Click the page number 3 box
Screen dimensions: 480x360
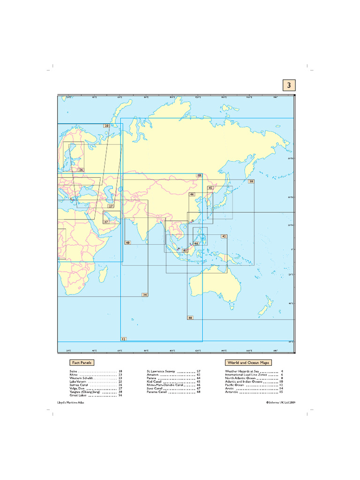pyautogui.click(x=289, y=85)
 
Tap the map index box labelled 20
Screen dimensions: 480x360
pyautogui.click(x=106, y=126)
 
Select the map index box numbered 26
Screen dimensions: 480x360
pyautogui.click(x=81, y=170)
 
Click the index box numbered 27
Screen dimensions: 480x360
pyautogui.click(x=111, y=206)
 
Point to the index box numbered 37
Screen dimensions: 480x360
pyautogui.click(x=106, y=222)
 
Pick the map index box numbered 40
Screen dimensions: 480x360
pyautogui.click(x=127, y=243)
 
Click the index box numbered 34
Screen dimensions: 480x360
pyautogui.click(x=145, y=294)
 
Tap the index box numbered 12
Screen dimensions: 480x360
pyautogui.click(x=123, y=338)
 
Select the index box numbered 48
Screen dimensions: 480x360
pyautogui.click(x=190, y=318)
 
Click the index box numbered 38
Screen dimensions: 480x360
pyautogui.click(x=251, y=181)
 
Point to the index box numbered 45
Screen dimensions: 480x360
pyautogui.click(x=210, y=188)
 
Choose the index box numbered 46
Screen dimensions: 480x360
pyautogui.click(x=192, y=194)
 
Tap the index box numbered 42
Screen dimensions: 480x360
pyautogui.click(x=224, y=237)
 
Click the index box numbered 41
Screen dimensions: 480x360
pyautogui.click(x=185, y=251)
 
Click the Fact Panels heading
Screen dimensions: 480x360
pyautogui.click(x=82, y=362)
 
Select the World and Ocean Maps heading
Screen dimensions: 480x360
pyautogui.click(x=248, y=363)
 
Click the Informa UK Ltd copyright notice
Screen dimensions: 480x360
pyautogui.click(x=280, y=402)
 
